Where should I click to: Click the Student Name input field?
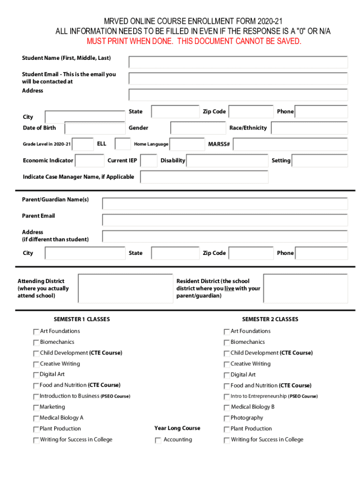coord(238,62)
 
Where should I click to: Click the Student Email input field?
coord(238,78)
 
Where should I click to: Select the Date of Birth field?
coord(95,128)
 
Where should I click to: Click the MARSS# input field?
coord(290,144)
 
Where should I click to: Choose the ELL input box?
coord(122,144)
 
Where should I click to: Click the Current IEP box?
coord(149,161)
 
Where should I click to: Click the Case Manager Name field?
coord(204,177)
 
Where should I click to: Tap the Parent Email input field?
coord(225,220)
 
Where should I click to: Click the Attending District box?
coord(124,288)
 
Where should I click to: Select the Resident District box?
coord(305,288)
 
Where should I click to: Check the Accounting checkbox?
coord(158,440)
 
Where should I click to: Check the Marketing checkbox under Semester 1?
coord(36,407)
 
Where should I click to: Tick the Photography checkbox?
coord(227,418)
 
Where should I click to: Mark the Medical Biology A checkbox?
coord(36,418)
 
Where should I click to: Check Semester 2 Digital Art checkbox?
coord(227,375)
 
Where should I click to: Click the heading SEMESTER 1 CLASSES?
coord(82,319)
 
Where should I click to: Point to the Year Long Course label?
coord(177,428)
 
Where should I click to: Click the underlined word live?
coord(229,289)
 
